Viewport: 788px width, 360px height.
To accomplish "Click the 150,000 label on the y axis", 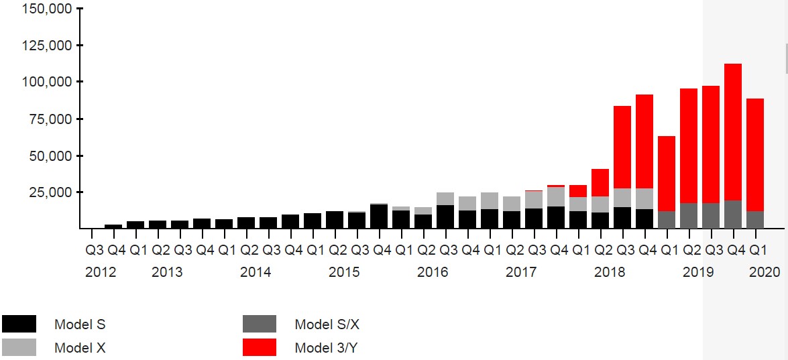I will click(x=46, y=9).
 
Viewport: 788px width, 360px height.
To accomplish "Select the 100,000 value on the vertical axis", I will click(x=46, y=82).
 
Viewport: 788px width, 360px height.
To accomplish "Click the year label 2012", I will click(x=101, y=272).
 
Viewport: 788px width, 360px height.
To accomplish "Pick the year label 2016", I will click(x=433, y=272).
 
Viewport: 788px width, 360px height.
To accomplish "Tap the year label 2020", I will click(x=765, y=272).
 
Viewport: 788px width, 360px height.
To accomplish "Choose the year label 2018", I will click(x=610, y=272).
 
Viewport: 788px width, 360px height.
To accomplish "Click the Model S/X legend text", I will click(x=327, y=325).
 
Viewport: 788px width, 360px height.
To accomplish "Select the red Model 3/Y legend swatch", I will click(x=260, y=347).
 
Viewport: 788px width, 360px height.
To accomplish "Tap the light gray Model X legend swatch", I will click(x=19, y=347).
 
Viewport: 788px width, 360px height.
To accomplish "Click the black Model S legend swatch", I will click(x=19, y=324).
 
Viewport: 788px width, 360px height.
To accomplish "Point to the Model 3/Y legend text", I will click(x=328, y=348).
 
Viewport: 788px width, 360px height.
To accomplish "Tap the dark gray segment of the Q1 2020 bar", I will click(x=754, y=220).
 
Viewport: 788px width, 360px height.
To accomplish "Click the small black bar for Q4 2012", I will click(x=113, y=227).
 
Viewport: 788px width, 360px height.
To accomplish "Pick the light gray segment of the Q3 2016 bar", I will click(x=445, y=199).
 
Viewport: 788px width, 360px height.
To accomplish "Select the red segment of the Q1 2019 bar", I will click(x=666, y=174).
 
